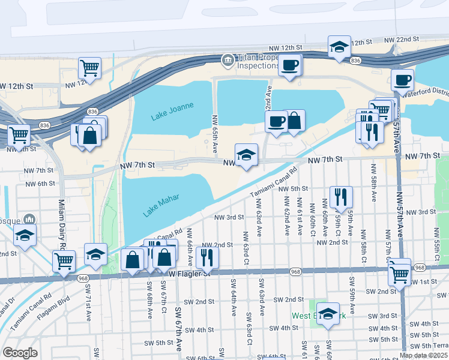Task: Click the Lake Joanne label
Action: pyautogui.click(x=172, y=111)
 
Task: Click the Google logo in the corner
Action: pyautogui.click(x=20, y=353)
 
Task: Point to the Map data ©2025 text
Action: pyautogui.click(x=424, y=355)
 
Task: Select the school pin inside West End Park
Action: pyautogui.click(x=328, y=313)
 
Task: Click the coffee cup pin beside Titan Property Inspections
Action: pyautogui.click(x=290, y=65)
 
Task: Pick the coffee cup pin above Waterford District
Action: pyautogui.click(x=402, y=79)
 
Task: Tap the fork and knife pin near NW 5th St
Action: pyautogui.click(x=340, y=196)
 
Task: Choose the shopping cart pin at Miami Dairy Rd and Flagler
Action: pyautogui.click(x=64, y=261)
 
